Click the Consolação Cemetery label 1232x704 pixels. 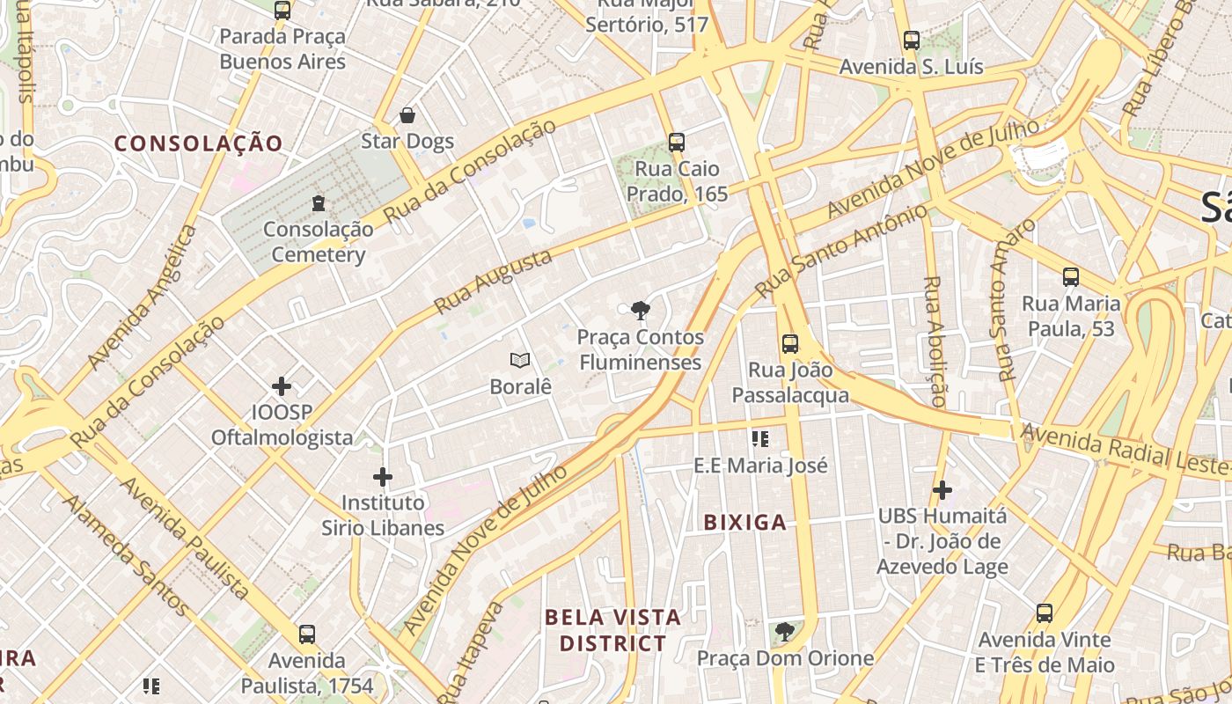(318, 242)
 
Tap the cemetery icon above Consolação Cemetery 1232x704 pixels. (319, 204)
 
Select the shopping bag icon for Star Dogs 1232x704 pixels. (407, 115)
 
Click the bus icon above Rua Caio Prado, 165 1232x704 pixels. (676, 143)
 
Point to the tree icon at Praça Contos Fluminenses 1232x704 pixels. (641, 309)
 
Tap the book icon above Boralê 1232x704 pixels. (520, 360)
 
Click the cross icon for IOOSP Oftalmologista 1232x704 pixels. (282, 386)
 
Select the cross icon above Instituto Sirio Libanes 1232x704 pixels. (383, 477)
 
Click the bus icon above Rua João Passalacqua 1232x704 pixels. (790, 344)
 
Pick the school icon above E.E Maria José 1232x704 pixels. (761, 438)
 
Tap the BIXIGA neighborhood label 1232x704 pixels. (745, 523)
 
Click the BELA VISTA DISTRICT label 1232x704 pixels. (613, 630)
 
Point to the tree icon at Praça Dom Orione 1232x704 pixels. (785, 632)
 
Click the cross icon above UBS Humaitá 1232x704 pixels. (942, 489)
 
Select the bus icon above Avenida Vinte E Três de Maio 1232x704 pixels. (1045, 613)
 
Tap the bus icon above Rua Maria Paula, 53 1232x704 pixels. (1071, 277)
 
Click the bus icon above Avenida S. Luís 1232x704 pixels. (912, 40)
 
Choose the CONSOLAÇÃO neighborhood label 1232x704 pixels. (199, 143)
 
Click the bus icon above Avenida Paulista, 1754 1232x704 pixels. (307, 634)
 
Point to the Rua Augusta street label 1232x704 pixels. (494, 281)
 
